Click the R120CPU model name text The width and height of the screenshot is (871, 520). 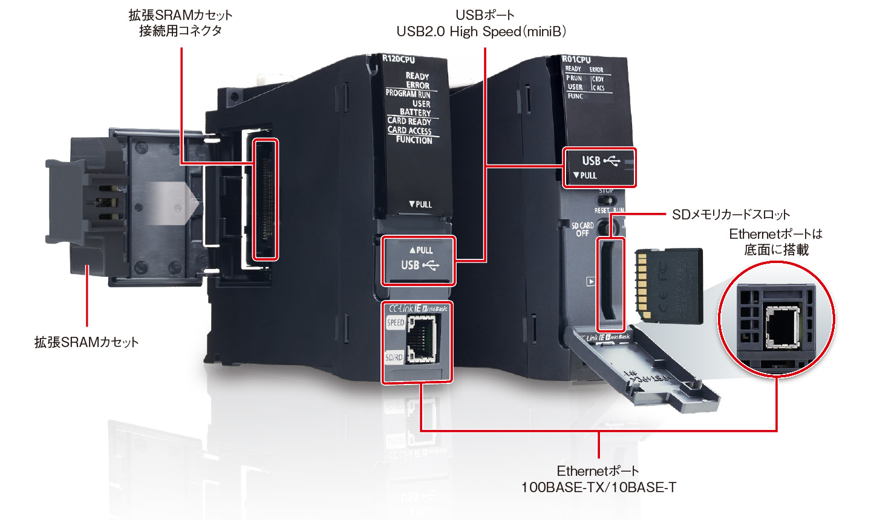[x=399, y=59]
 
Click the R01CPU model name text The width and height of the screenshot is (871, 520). [x=576, y=59]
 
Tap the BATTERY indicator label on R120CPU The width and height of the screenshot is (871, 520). [x=415, y=112]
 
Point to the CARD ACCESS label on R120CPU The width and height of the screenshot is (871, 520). [x=409, y=130]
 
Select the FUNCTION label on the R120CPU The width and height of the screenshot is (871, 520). [x=414, y=140]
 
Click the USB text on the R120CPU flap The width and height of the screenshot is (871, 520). [x=410, y=265]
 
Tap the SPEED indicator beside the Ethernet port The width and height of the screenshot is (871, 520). [x=396, y=323]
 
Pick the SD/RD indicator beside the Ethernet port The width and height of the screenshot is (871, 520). [x=394, y=357]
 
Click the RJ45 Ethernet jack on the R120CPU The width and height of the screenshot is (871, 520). [x=421, y=340]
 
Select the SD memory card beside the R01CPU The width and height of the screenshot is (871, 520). [x=670, y=285]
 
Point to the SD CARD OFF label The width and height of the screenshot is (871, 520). [x=582, y=229]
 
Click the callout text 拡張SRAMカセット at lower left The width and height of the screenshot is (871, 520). [x=86, y=342]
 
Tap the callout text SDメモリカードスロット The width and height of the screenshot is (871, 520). [x=731, y=215]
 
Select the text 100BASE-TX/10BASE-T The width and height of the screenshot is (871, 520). [x=599, y=487]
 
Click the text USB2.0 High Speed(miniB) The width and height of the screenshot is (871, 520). [x=481, y=31]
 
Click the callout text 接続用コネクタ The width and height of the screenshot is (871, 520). [x=180, y=31]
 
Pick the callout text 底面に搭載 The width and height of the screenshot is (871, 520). [x=776, y=250]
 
